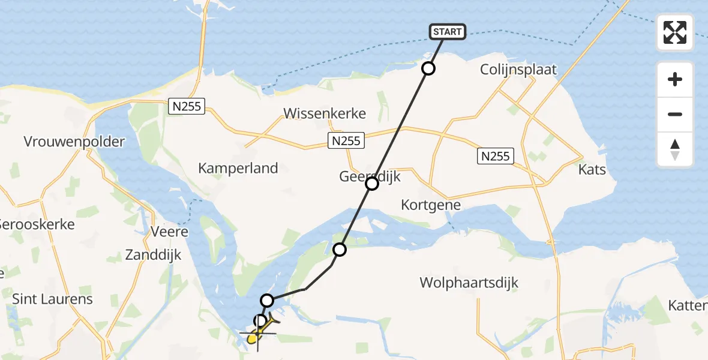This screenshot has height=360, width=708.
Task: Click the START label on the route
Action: click(448, 32)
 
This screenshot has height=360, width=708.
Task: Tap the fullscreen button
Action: click(675, 32)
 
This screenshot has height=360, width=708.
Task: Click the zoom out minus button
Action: click(675, 115)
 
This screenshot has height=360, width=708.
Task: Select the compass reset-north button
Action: click(675, 149)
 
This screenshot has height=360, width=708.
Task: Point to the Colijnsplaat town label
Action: click(518, 70)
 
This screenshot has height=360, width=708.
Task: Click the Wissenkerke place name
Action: click(325, 113)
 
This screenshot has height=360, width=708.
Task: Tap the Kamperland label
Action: click(238, 168)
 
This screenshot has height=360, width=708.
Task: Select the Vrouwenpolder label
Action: click(74, 142)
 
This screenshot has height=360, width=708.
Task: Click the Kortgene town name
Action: click(431, 205)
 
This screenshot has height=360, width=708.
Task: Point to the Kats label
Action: click(592, 170)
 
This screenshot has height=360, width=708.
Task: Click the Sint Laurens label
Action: click(53, 299)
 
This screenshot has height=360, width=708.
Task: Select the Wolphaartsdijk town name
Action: click(469, 283)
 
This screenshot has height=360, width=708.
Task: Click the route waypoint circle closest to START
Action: click(428, 68)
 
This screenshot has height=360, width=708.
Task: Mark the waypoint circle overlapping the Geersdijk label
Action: click(372, 184)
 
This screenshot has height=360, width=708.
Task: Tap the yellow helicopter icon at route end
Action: click(255, 338)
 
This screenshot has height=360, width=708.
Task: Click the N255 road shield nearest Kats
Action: click(496, 157)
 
